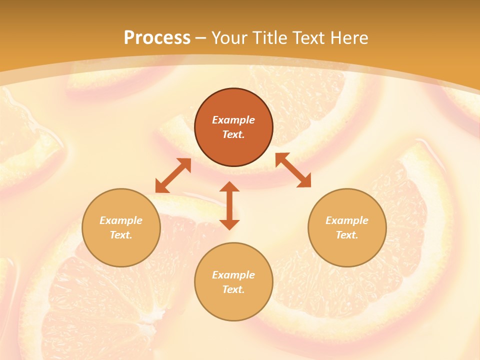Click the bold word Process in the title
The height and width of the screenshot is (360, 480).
point(157,38)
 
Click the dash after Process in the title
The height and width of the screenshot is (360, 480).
point(201,38)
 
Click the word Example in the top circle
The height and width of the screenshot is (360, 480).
point(233,120)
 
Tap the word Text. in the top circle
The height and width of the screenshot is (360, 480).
point(233,134)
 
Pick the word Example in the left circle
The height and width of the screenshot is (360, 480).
point(121,220)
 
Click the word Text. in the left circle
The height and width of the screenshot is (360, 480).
point(121,235)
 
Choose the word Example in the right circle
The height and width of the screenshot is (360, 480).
point(347,220)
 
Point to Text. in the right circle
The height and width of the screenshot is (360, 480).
point(347,235)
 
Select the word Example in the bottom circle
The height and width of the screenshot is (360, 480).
point(233,275)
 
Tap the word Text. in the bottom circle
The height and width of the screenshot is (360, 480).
point(233,289)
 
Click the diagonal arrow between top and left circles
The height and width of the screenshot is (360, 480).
point(173,175)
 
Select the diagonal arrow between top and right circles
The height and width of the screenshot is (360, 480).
point(293,170)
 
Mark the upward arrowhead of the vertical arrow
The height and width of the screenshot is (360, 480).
point(229,187)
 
